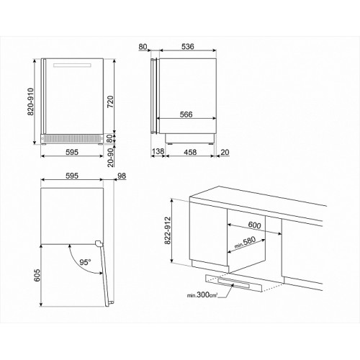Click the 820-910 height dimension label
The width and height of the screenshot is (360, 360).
[31, 102]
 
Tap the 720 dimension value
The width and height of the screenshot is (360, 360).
[109, 102]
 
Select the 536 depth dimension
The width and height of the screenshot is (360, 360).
[187, 47]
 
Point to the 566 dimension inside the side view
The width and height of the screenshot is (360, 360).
[186, 114]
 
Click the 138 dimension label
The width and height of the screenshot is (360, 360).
[158, 151]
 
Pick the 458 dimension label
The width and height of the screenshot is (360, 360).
[190, 152]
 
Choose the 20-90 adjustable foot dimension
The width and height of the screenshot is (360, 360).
[110, 158]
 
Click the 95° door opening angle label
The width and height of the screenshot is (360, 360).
[85, 262]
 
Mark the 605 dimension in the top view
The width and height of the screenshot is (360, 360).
[37, 275]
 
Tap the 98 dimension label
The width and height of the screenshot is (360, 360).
[122, 176]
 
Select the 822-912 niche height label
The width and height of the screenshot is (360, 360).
[168, 230]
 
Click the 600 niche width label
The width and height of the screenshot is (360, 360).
[254, 225]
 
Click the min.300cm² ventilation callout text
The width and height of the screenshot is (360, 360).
[202, 294]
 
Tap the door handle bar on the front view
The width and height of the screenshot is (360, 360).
[72, 66]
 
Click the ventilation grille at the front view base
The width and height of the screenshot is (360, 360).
[71, 138]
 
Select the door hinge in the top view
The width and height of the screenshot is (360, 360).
[99, 244]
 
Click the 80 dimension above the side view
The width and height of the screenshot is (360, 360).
[143, 47]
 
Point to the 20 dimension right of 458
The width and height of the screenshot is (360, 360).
[225, 152]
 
